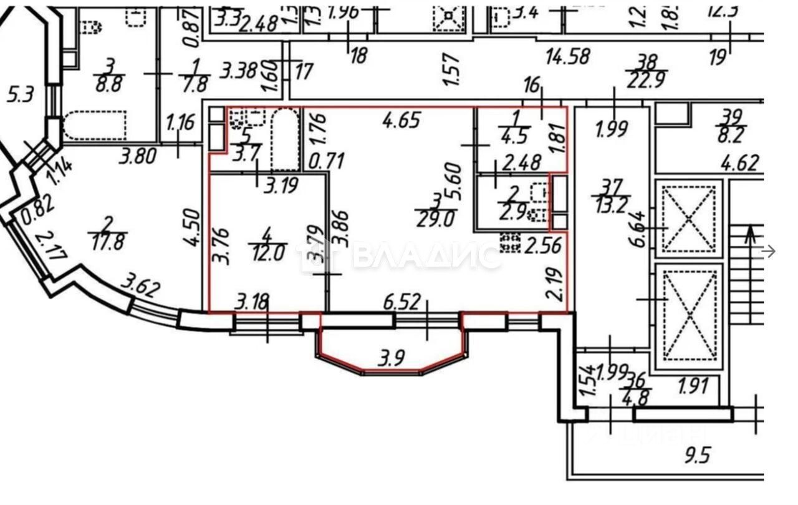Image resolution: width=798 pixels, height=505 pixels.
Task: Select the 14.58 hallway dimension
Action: point(567,56)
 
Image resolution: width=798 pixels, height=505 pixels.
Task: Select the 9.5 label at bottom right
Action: point(697,456)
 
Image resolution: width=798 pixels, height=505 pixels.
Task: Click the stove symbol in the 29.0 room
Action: point(511,243)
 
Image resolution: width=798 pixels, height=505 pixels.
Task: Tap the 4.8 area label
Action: point(635,398)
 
